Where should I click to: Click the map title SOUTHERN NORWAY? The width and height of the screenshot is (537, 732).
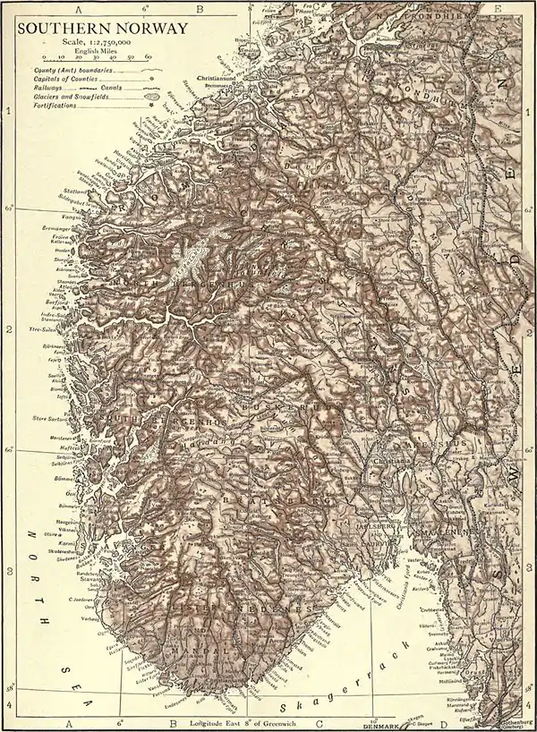pyautogui.click(x=102, y=29)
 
